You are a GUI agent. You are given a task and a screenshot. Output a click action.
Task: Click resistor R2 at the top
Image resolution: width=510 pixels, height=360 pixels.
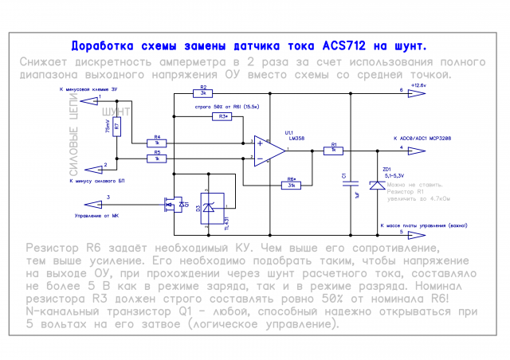pos(203,93)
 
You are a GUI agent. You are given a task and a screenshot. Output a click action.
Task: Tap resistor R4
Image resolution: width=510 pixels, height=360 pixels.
pos(158,143)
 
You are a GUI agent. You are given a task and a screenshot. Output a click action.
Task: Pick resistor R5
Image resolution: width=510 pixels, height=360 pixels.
pos(158,158)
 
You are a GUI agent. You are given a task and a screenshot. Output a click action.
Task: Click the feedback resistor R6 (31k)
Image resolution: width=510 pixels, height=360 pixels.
pos(292,185)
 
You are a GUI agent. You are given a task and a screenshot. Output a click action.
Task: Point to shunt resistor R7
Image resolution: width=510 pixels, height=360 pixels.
pos(117,126)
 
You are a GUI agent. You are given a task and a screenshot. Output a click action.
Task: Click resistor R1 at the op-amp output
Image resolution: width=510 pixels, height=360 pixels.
pos(335,151)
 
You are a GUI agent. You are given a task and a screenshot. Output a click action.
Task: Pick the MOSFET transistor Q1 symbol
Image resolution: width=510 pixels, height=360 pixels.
pos(170,206)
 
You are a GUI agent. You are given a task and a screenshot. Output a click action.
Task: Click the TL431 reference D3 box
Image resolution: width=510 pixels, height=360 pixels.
pos(212,209)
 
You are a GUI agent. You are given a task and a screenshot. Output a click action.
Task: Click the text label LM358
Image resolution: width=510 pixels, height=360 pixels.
pos(296,138)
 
